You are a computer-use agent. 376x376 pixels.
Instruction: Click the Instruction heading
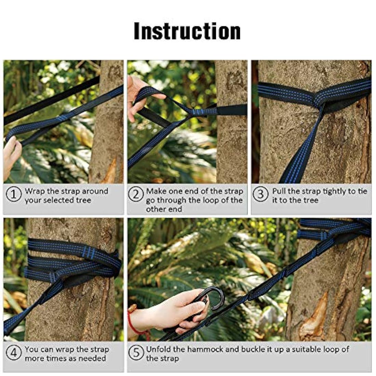click(x=187, y=31)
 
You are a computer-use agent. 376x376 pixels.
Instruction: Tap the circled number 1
click(x=14, y=194)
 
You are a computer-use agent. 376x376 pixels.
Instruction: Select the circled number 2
click(x=136, y=194)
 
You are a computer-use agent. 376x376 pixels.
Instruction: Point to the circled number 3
click(x=260, y=194)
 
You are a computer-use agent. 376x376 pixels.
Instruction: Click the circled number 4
click(x=14, y=352)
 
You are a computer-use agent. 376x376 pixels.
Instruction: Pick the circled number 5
click(x=136, y=352)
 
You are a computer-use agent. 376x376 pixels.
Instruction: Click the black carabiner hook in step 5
click(x=211, y=300)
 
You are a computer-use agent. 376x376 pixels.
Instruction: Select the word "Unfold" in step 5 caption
click(x=159, y=349)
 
